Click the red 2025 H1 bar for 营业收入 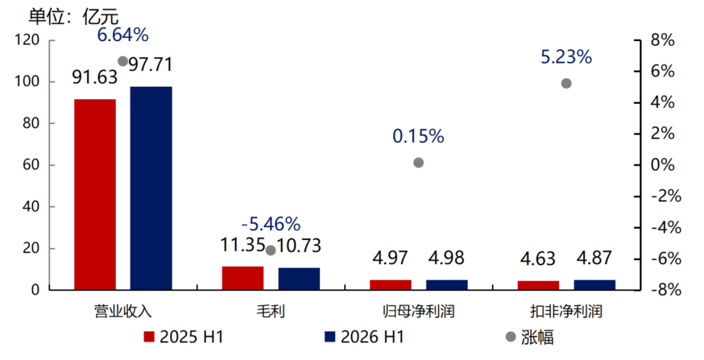[95, 194]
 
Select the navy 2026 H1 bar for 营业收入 [151, 188]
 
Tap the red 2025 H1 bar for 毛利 [243, 278]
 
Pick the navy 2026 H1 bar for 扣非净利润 [594, 285]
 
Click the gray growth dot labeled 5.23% [566, 83]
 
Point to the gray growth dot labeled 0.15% [418, 162]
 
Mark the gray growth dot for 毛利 [271, 250]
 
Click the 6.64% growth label [123, 35]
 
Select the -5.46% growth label [271, 224]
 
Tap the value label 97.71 [151, 65]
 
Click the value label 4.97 [390, 258]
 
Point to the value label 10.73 [299, 245]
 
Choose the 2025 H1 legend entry [183, 337]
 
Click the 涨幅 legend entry [530, 337]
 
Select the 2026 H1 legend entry [364, 337]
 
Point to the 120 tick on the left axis [27, 40]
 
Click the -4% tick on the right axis [663, 228]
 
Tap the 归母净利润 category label [418, 311]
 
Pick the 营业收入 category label [123, 311]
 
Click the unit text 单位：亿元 [74, 16]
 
